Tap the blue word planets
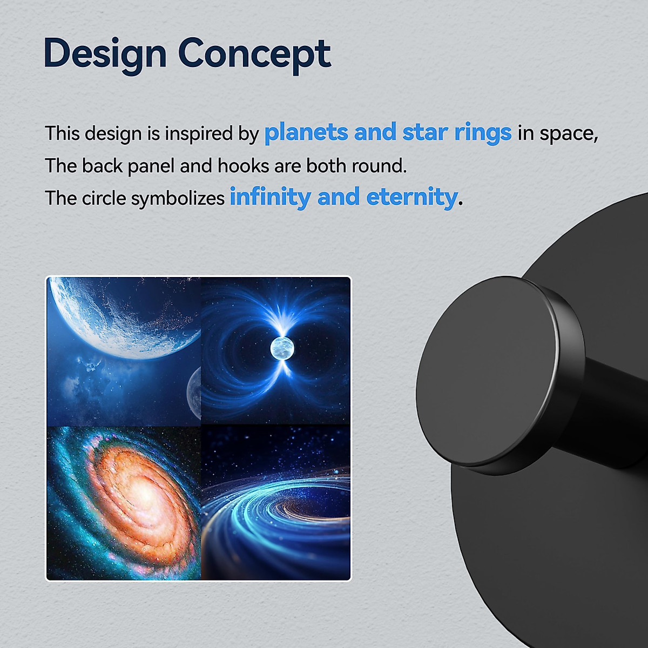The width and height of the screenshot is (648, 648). click(x=306, y=133)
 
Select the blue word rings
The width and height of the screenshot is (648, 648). click(x=483, y=133)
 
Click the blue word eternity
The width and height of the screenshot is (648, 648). click(x=412, y=198)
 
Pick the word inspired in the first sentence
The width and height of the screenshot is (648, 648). click(x=198, y=134)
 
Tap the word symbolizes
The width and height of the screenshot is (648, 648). click(x=178, y=198)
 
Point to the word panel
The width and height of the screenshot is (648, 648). click(x=151, y=166)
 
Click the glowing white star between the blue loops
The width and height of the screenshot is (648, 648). click(x=282, y=348)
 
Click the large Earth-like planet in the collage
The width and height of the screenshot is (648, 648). click(x=124, y=316)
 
